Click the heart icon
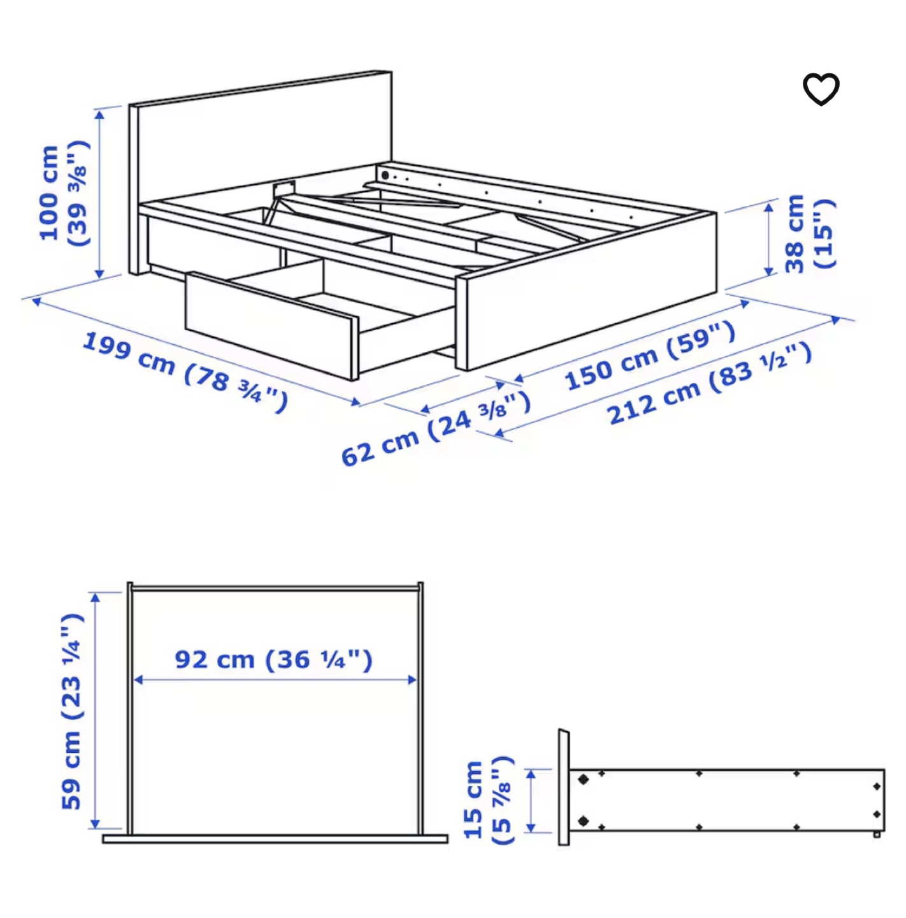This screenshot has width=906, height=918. [x=821, y=89]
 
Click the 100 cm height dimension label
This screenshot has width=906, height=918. [x=62, y=194]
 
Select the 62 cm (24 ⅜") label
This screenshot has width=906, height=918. [x=435, y=429]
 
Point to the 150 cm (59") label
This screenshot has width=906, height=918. [x=650, y=356]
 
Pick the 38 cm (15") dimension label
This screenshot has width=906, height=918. [x=808, y=234]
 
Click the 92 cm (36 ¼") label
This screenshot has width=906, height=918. [x=273, y=659]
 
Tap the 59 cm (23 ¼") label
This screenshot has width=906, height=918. [x=71, y=711]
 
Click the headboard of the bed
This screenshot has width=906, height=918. [x=261, y=140]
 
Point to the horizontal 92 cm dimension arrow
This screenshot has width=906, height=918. [x=275, y=680]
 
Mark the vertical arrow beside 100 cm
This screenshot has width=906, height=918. [x=99, y=194]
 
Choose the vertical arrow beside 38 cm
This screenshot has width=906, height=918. [x=769, y=240]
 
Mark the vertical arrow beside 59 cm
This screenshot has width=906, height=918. [x=96, y=711]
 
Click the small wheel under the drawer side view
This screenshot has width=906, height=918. [x=877, y=834]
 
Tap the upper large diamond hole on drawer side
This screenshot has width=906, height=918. [x=583, y=779]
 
